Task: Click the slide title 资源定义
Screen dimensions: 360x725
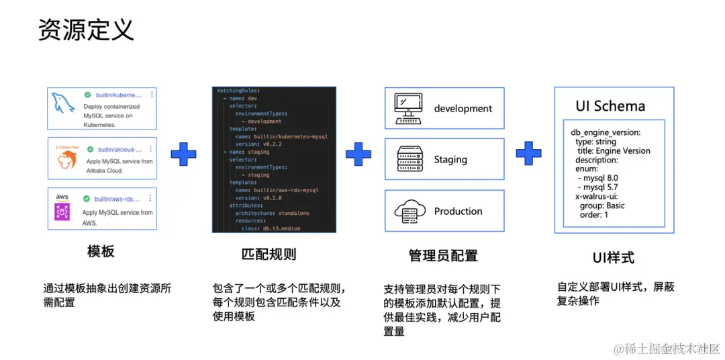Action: click(86, 30)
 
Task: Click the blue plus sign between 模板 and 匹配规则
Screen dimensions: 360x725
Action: click(183, 154)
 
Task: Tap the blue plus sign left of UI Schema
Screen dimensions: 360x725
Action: click(528, 154)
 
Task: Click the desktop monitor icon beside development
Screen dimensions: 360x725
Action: click(408, 108)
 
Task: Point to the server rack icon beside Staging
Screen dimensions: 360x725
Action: click(408, 159)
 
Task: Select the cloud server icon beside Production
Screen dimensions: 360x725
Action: click(408, 211)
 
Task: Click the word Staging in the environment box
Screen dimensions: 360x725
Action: click(450, 160)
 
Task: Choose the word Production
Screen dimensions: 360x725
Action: click(458, 211)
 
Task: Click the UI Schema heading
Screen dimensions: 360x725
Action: click(610, 106)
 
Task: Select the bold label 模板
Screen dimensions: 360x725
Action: click(101, 252)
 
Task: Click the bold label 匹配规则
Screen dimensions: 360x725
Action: click(269, 254)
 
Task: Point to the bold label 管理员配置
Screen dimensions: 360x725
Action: click(443, 255)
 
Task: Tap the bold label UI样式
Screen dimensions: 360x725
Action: click(613, 257)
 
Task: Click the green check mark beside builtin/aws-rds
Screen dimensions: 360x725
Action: click(87, 199)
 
